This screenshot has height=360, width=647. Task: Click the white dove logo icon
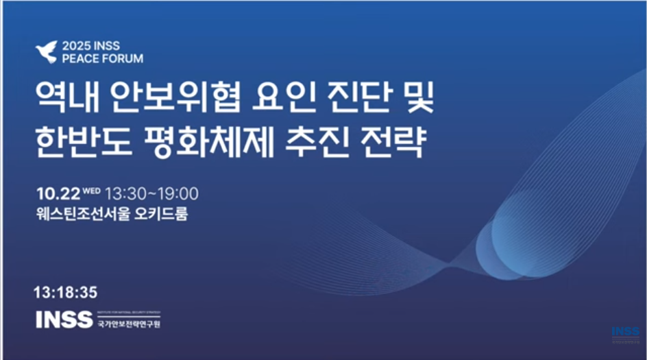pos(47,52)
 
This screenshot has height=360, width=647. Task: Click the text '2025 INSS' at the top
pos(90,46)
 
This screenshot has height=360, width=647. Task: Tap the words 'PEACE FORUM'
pos(102,59)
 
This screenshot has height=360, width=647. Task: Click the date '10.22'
pos(58,193)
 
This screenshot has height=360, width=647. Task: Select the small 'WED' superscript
pos(91,190)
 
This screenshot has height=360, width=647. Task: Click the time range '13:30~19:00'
pos(151,193)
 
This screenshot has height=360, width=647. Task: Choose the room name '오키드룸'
pos(161,214)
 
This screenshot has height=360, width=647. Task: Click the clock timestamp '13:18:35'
pos(65,292)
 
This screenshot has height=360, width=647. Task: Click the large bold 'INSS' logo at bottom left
pos(64,320)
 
